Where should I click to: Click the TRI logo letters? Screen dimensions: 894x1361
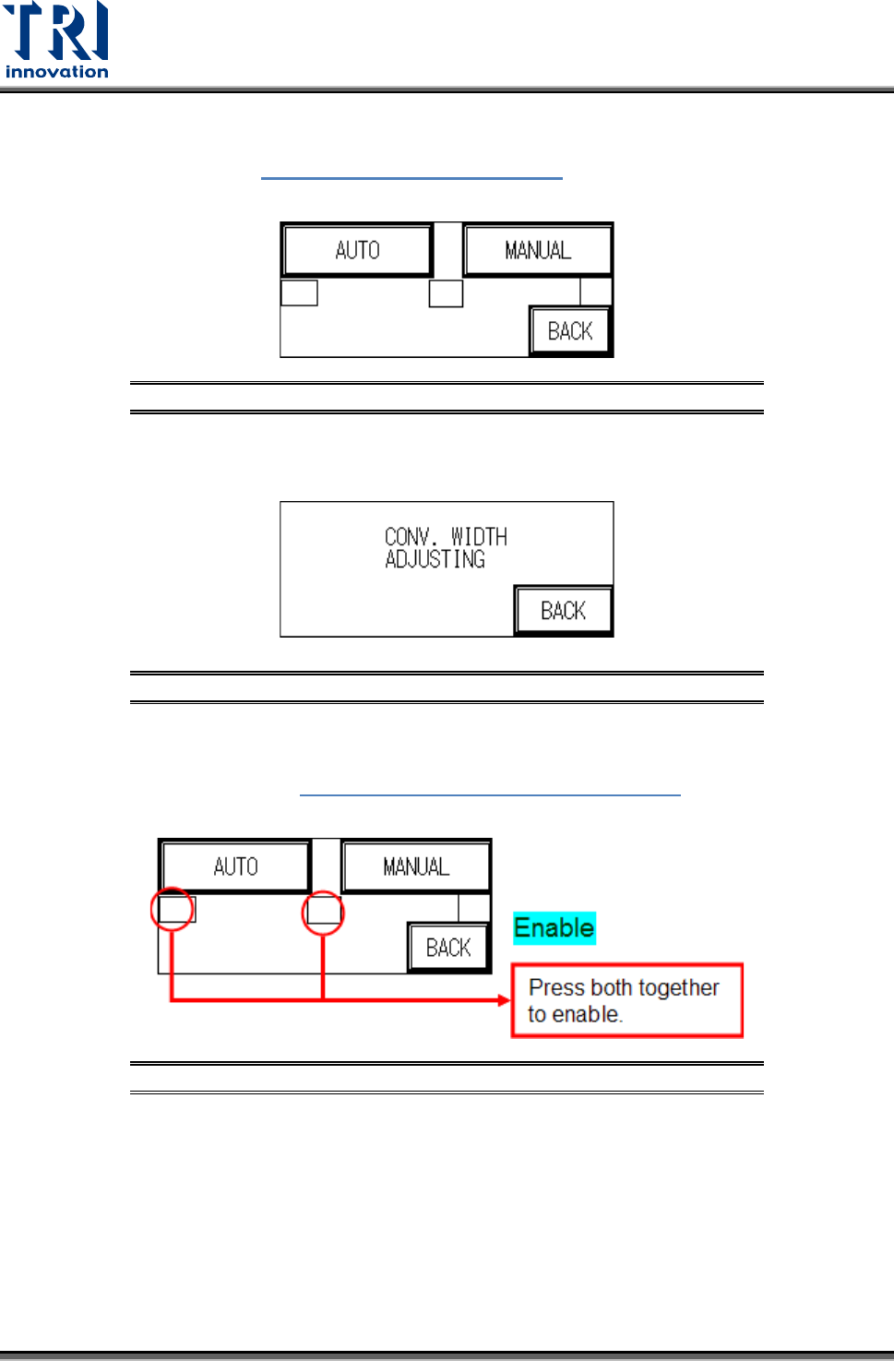click(56, 31)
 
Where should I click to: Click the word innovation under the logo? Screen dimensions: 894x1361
click(56, 72)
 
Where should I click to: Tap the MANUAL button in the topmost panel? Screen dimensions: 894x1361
click(538, 250)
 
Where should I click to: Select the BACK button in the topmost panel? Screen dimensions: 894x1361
click(570, 331)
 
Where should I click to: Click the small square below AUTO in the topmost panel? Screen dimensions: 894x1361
click(299, 292)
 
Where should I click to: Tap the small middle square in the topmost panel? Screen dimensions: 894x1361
click(446, 293)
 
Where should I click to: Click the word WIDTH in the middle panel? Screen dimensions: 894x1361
click(479, 537)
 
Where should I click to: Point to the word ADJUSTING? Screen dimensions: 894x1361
click(435, 560)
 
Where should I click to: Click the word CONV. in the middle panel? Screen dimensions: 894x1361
click(409, 537)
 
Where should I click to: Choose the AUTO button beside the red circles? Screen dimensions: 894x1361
click(235, 866)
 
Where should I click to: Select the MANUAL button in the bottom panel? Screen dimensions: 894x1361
click(416, 866)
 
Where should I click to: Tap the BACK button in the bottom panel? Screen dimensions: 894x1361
click(448, 948)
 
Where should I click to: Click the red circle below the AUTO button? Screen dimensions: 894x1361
click(173, 910)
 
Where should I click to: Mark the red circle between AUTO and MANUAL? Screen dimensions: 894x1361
click(323, 913)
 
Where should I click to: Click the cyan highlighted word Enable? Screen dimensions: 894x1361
click(554, 927)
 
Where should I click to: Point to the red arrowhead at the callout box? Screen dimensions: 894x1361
click(504, 1000)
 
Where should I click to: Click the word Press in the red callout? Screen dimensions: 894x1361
click(556, 987)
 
